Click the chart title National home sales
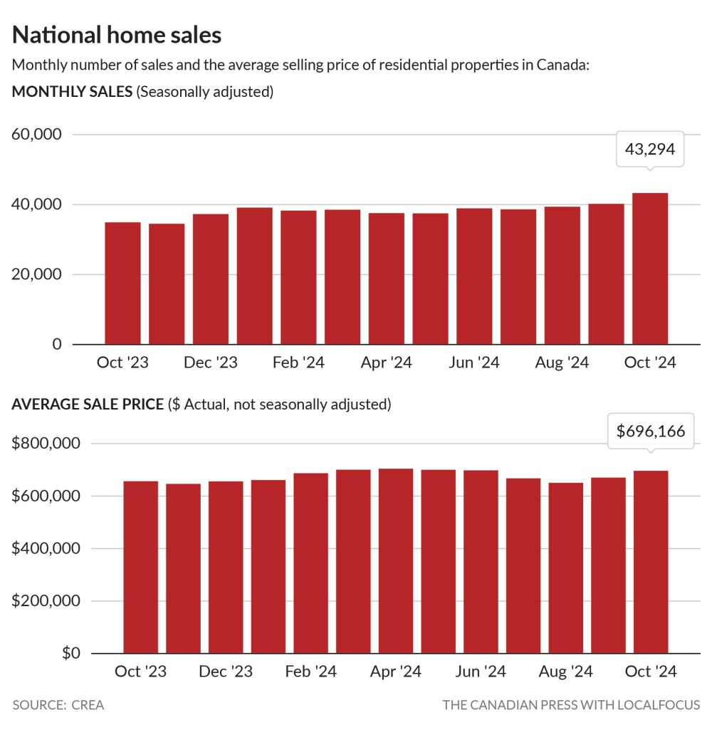(x=117, y=35)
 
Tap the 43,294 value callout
(x=649, y=149)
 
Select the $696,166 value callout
(x=651, y=431)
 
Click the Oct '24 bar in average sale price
(x=651, y=562)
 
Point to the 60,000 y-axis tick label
(x=37, y=135)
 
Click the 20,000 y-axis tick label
(x=37, y=274)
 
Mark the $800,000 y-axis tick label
(x=46, y=443)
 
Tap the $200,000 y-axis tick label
(x=46, y=600)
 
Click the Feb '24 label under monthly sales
(x=298, y=363)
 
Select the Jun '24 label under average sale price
(x=480, y=672)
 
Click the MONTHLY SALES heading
(x=72, y=92)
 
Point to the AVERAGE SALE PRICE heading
(x=88, y=405)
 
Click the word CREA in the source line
(x=88, y=705)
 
